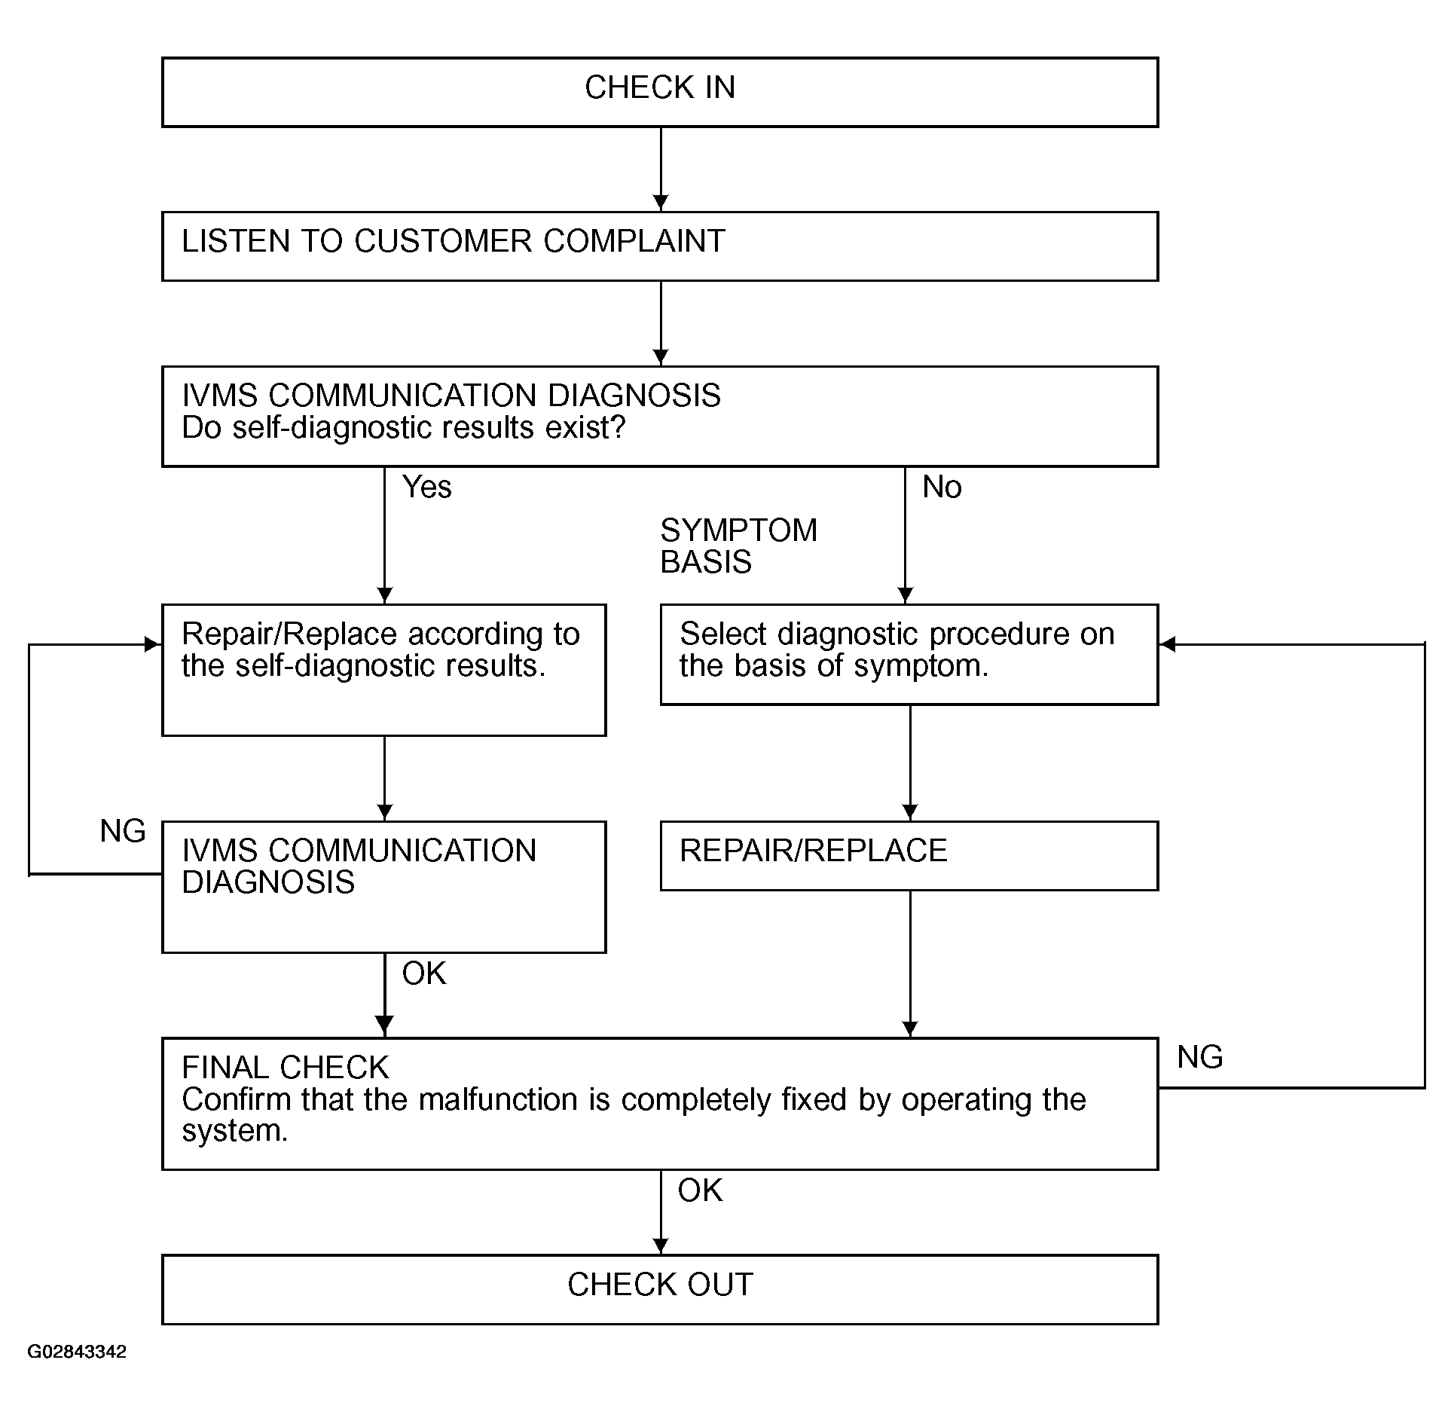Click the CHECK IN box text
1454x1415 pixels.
click(660, 87)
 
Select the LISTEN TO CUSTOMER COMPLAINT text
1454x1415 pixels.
click(454, 241)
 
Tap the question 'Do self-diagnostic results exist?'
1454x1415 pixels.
click(404, 428)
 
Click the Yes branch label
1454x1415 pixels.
click(427, 487)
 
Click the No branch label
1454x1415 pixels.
click(942, 487)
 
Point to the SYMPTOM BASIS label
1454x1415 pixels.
click(739, 546)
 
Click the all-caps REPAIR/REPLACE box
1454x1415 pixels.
click(909, 856)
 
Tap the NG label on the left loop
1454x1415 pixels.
click(123, 831)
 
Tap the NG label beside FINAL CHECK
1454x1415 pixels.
click(1200, 1057)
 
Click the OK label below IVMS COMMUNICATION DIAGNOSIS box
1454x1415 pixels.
click(424, 973)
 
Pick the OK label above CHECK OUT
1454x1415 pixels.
click(700, 1190)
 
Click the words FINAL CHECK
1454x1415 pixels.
click(286, 1068)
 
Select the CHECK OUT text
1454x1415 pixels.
click(661, 1285)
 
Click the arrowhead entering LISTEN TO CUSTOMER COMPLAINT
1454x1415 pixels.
click(661, 203)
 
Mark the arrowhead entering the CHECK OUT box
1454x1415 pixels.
click(661, 1246)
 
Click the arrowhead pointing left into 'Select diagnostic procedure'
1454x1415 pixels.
click(1167, 644)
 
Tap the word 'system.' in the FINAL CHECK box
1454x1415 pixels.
click(235, 1132)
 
